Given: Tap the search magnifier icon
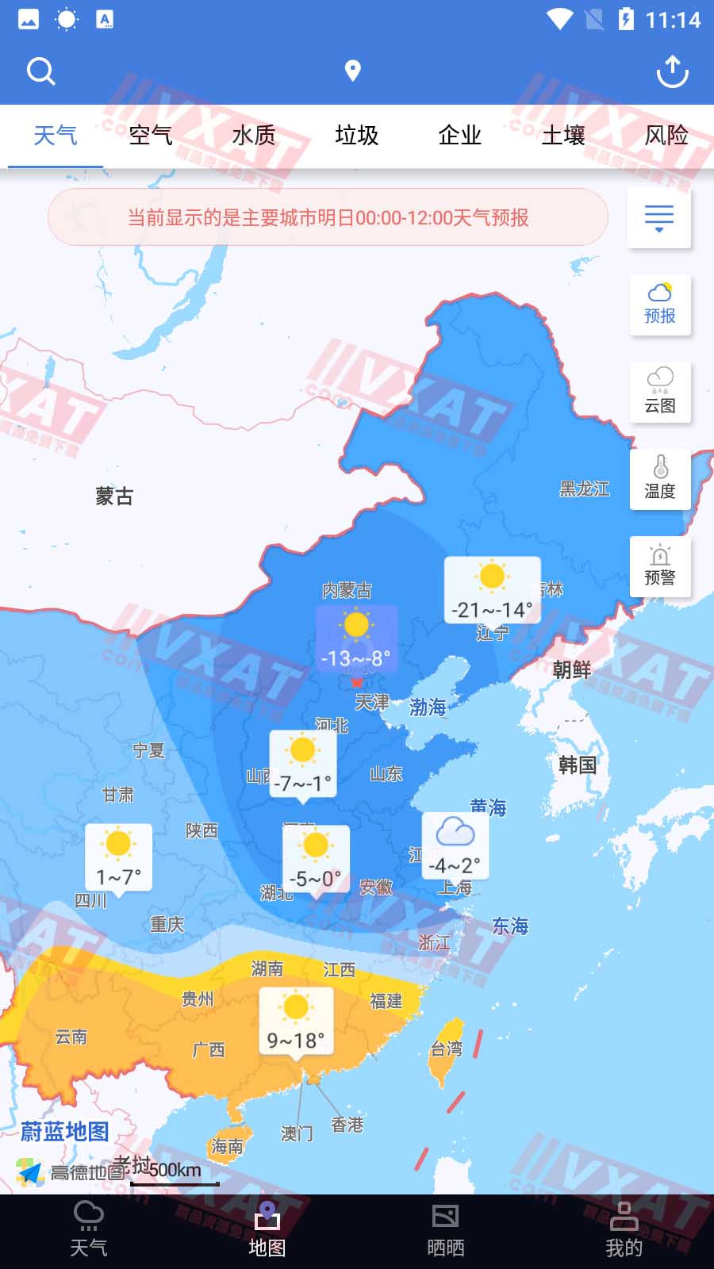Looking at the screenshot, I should (40, 71).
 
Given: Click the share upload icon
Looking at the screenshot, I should (672, 71).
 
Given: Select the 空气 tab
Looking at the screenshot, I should (151, 136).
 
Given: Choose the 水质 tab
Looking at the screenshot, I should (254, 136).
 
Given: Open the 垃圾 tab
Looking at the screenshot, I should (357, 136).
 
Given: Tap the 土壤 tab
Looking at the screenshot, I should (563, 136).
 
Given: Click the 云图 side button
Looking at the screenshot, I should (660, 392).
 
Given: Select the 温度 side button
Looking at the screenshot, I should (660, 479).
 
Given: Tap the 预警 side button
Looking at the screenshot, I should (660, 566).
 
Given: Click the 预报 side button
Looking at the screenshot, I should (660, 305).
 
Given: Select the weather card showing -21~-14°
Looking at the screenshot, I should (492, 590).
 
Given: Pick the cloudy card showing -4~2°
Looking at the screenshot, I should (455, 845).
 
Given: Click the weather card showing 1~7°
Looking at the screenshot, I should (118, 857).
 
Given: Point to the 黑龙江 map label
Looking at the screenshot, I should (585, 489).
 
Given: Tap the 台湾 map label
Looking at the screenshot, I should (446, 1049).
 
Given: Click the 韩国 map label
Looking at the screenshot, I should (578, 765).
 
